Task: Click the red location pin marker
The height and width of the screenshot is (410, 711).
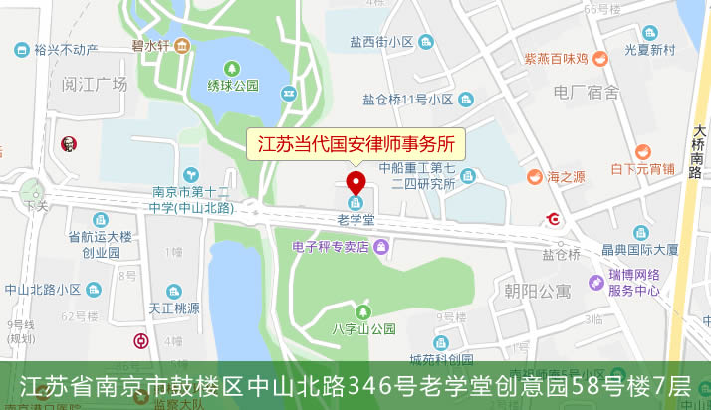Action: point(355,184)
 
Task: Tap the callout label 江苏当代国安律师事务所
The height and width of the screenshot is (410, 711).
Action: point(355,143)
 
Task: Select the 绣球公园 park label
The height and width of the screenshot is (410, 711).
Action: point(232,85)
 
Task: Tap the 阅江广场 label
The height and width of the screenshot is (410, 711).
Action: point(95,84)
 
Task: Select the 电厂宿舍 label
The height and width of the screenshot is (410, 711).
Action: point(587,93)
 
